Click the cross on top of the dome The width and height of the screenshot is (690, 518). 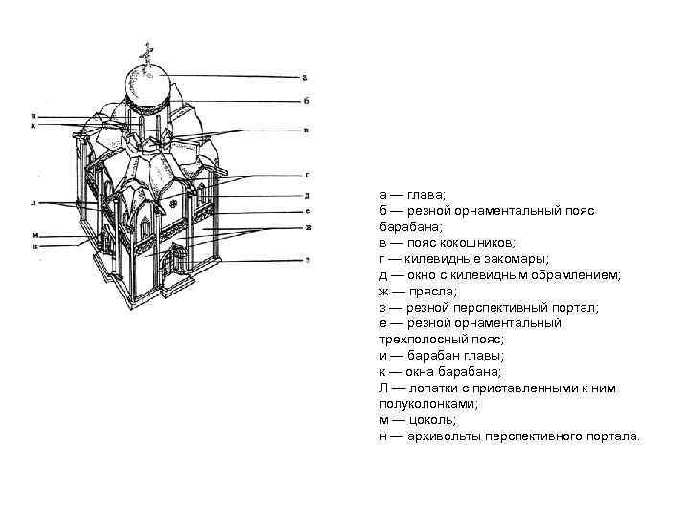[147, 52]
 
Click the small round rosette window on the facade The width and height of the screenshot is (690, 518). [172, 205]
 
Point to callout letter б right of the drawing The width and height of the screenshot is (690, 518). [305, 100]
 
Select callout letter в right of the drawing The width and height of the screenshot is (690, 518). [305, 131]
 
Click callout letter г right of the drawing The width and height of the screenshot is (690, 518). [305, 176]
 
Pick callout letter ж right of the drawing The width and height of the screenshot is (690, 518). [307, 227]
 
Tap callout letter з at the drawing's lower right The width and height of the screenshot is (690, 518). [305, 260]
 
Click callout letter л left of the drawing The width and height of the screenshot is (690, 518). [34, 204]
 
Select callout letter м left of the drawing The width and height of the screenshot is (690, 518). [34, 234]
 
